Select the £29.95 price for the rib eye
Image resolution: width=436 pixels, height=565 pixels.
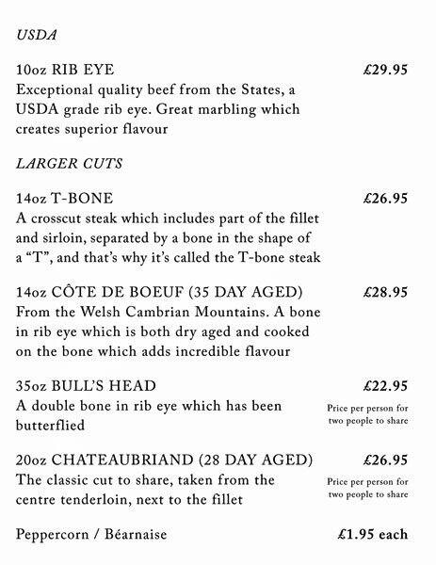[x=384, y=70]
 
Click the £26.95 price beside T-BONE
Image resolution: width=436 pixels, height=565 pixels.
[x=384, y=199]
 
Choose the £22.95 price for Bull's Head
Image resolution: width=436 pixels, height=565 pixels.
[x=384, y=386]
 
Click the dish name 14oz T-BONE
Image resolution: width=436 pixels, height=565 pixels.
[x=65, y=199]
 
